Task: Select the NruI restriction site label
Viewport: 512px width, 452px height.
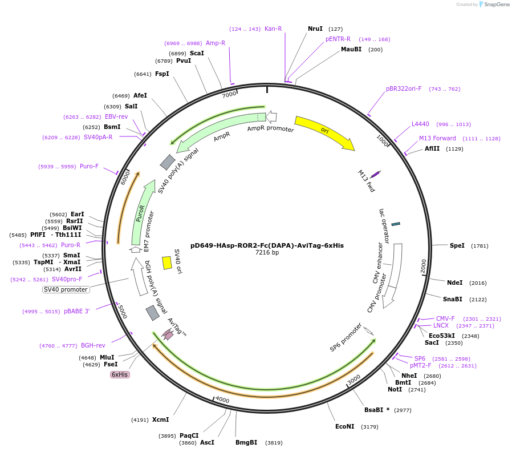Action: (x=315, y=29)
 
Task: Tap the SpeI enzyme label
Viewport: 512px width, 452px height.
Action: (x=457, y=245)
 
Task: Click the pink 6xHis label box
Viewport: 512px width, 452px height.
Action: (x=120, y=374)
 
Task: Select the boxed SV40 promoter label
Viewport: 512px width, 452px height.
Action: (x=66, y=289)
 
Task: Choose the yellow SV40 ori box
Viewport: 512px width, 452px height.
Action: (x=167, y=263)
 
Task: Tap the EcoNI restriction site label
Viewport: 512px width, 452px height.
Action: (x=345, y=426)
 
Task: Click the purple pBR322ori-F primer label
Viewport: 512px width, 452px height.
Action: (x=404, y=89)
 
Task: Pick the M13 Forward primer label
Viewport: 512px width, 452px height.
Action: (x=437, y=138)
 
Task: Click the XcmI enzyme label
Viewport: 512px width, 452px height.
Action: (x=160, y=419)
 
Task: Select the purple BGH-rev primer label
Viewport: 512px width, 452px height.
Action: (x=93, y=345)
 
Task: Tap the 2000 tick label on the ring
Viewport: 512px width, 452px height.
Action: (x=424, y=266)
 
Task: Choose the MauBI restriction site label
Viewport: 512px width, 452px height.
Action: (x=351, y=49)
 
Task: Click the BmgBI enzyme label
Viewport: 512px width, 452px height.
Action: (x=246, y=442)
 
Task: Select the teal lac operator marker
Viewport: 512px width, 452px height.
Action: (x=396, y=224)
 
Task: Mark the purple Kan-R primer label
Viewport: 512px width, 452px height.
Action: (x=273, y=29)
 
